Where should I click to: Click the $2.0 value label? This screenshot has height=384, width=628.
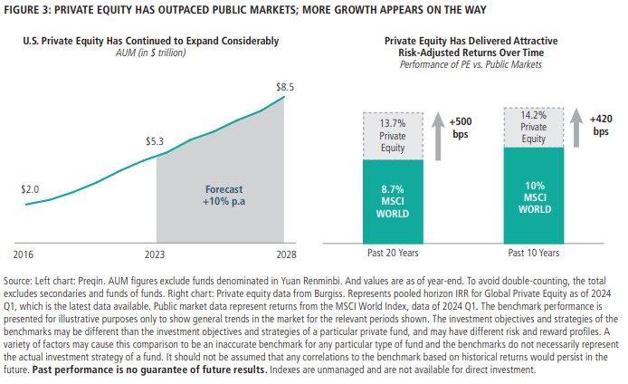pos(30,189)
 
